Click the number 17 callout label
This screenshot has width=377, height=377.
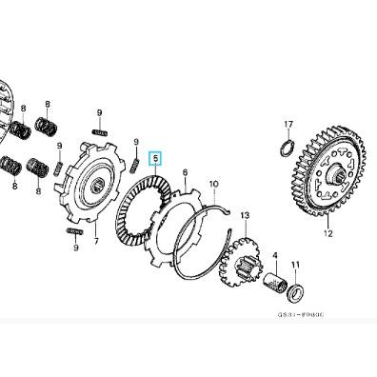click(288, 124)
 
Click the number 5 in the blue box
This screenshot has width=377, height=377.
click(157, 161)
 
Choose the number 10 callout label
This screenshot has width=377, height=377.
click(213, 184)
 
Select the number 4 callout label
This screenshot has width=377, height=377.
click(275, 255)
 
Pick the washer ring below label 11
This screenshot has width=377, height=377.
click(296, 289)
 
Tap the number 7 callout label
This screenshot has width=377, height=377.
click(95, 242)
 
